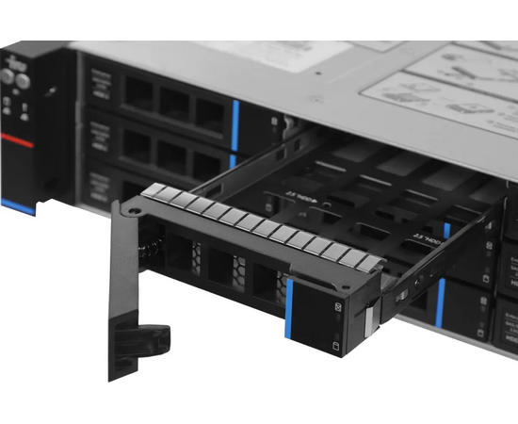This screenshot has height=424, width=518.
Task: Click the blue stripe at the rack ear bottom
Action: pos(17,204)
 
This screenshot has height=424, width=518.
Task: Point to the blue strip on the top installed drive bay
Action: pos(235,119)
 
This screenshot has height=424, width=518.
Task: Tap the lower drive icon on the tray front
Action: pos(336,347)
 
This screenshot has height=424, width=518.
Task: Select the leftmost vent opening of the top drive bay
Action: pos(138,91)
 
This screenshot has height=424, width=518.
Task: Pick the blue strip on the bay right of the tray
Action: pos(440,299)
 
